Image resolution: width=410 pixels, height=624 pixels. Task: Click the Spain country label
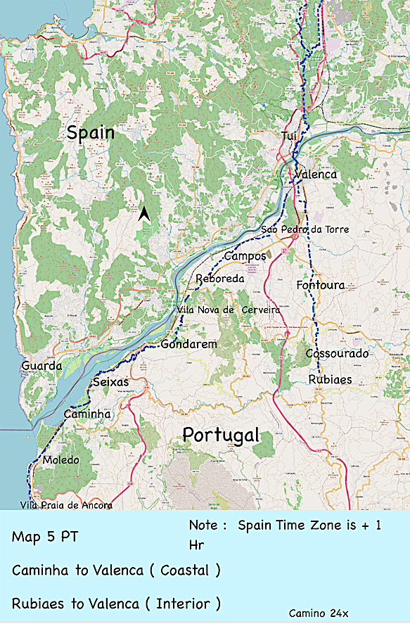click(x=90, y=134)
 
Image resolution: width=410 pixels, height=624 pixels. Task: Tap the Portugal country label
click(x=221, y=435)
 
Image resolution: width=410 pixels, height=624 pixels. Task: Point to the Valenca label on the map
click(x=316, y=174)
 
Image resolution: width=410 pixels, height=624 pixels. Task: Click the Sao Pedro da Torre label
click(x=305, y=229)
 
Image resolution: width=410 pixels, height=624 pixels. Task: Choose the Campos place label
click(x=245, y=256)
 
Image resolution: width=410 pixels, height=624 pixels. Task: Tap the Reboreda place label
click(x=219, y=279)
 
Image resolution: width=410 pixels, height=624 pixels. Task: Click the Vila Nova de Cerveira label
click(x=229, y=310)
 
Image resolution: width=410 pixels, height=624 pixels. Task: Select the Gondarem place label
click(x=188, y=344)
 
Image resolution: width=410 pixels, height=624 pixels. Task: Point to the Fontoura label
click(x=321, y=285)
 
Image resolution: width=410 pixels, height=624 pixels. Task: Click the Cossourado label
click(x=337, y=353)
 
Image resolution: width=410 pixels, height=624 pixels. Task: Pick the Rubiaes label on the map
click(x=331, y=379)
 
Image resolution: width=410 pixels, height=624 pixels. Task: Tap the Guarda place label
click(x=41, y=366)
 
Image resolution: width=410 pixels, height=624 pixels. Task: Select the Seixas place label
click(x=111, y=381)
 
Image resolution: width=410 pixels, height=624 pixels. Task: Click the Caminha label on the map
click(x=87, y=414)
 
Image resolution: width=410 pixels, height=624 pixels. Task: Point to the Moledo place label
click(x=60, y=460)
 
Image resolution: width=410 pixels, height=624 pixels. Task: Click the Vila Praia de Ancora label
click(x=66, y=504)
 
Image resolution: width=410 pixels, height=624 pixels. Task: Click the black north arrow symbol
click(x=143, y=214)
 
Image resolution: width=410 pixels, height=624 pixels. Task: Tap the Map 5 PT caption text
click(x=44, y=537)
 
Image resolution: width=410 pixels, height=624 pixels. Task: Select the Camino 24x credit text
click(x=319, y=613)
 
